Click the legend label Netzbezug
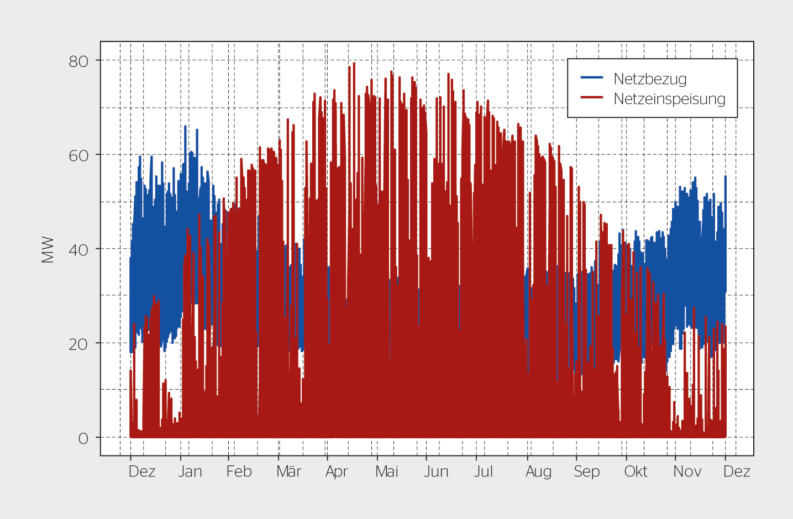click(x=650, y=79)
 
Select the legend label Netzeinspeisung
click(x=669, y=99)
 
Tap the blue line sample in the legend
click(x=591, y=77)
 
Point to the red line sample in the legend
click(x=591, y=97)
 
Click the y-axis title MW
click(x=48, y=250)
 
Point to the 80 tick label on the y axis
click(x=78, y=61)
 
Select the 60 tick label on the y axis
click(x=78, y=156)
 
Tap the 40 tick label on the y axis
click(x=78, y=250)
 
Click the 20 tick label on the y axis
click(x=78, y=344)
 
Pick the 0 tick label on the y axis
click(x=83, y=439)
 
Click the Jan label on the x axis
click(x=190, y=471)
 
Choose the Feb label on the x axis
click(x=239, y=471)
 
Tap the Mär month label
click(x=289, y=471)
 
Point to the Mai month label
click(x=387, y=471)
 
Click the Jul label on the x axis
click(x=484, y=471)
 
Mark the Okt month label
click(x=636, y=471)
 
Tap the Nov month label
click(x=687, y=471)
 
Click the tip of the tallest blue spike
click(x=185, y=126)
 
